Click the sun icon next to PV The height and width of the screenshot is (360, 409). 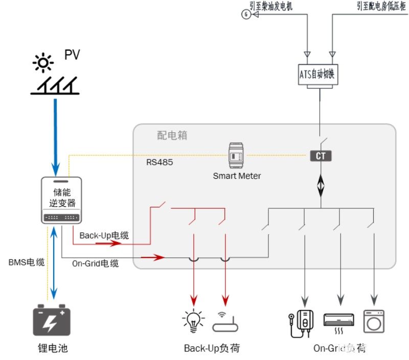coord(42,63)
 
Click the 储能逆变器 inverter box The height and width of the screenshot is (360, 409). coord(61,200)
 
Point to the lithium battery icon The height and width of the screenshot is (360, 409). coord(52,320)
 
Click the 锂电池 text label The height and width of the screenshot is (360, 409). coord(52,348)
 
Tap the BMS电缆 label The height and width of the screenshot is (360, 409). coord(27,263)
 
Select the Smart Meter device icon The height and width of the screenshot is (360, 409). coord(237,155)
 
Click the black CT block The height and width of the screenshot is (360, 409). coord(321,156)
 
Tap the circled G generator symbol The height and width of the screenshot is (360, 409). coord(246,14)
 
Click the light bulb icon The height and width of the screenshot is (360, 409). coord(193,320)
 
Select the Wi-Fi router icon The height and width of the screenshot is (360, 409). coord(225,322)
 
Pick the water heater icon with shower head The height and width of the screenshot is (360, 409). coord(301,322)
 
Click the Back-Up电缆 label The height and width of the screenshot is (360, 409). coord(104,235)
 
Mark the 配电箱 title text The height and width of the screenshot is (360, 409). coord(172,135)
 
